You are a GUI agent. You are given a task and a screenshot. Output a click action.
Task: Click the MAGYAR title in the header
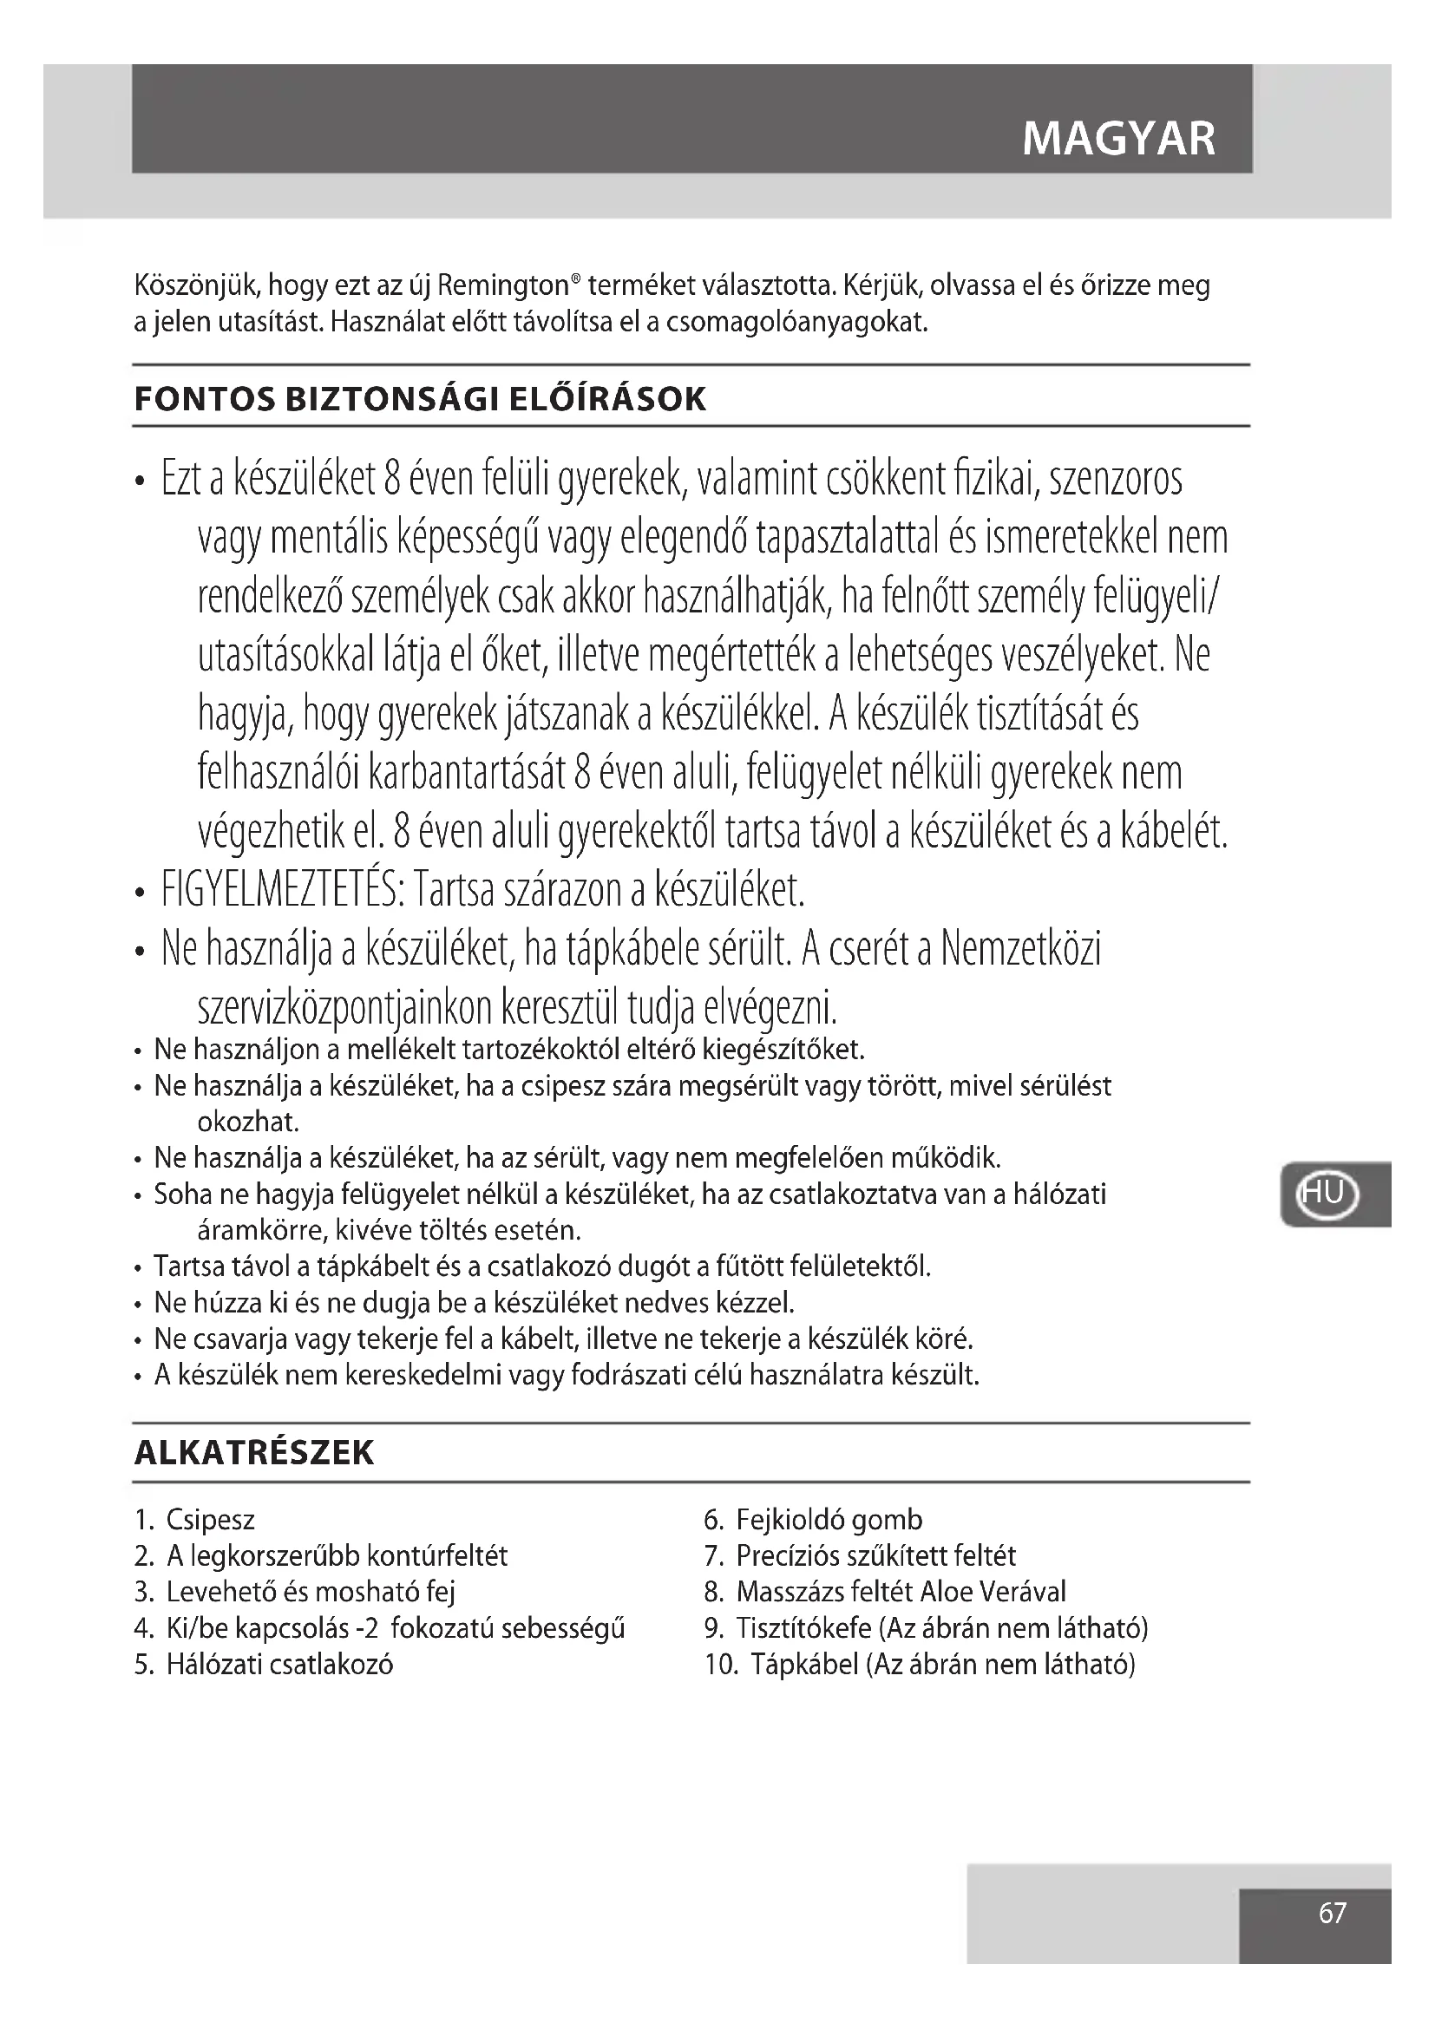[1118, 139]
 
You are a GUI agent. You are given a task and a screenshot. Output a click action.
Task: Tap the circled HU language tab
[1327, 1194]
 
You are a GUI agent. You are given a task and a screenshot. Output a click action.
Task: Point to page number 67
[1332, 1914]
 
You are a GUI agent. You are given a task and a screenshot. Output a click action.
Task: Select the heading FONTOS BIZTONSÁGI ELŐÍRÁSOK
[420, 399]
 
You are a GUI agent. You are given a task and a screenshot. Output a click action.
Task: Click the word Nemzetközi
[1021, 949]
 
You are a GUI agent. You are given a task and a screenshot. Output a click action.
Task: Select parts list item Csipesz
[210, 1520]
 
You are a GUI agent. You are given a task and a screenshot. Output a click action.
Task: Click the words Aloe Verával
[993, 1593]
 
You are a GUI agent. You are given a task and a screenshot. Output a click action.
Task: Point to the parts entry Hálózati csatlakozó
[279, 1665]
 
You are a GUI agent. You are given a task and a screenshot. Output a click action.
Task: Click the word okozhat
[248, 1122]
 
